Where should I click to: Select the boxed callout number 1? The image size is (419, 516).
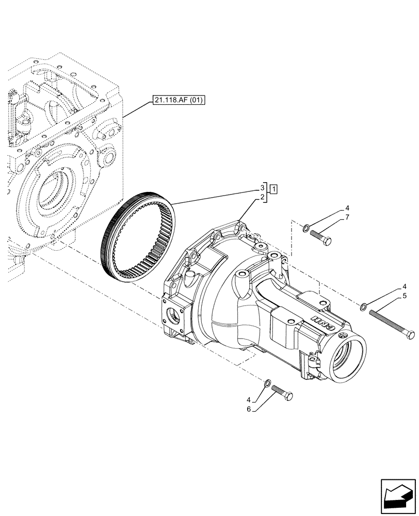click(273, 188)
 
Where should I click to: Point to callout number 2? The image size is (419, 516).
click(262, 197)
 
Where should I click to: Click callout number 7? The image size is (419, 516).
click(348, 217)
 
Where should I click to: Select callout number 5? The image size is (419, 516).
click(405, 296)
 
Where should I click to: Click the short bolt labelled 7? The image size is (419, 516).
click(321, 237)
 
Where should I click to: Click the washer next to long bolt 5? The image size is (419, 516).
click(364, 308)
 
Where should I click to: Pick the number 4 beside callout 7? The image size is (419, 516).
click(348, 209)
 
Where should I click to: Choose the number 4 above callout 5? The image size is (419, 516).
click(405, 286)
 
